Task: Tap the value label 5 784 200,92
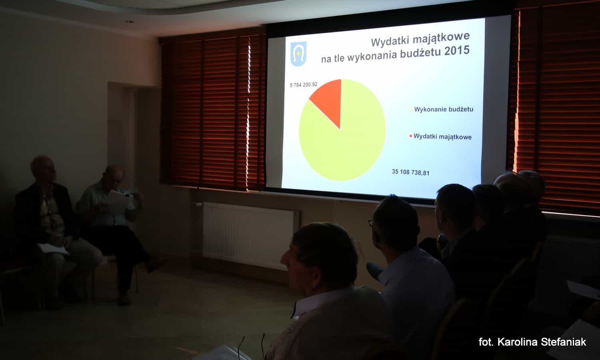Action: point(304,85)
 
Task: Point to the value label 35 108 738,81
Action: point(410,172)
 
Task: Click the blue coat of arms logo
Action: point(298,54)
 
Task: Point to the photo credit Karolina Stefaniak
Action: point(542,342)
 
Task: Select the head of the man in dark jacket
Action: point(43,169)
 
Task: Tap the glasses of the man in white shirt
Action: point(370,222)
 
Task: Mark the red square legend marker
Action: point(411,136)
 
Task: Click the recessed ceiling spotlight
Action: point(129,21)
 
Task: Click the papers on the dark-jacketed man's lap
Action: point(53,249)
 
